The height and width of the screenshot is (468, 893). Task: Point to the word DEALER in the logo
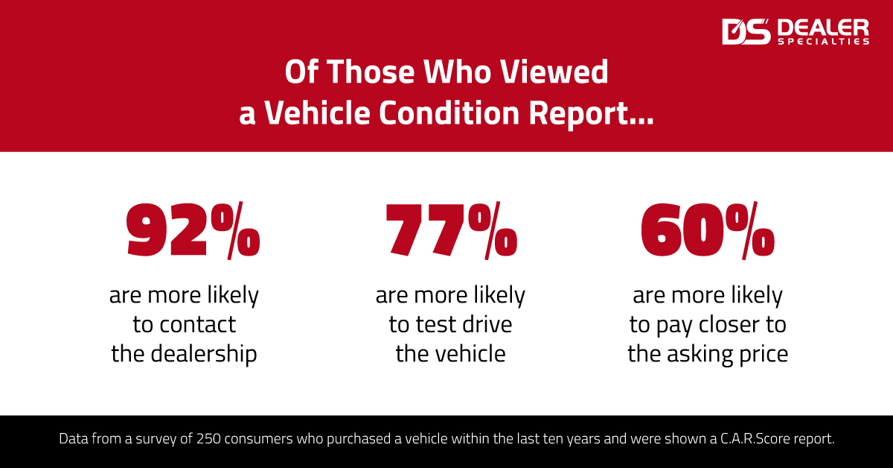822,28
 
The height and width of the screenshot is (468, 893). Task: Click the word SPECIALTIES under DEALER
822,42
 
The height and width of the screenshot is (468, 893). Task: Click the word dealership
203,353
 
